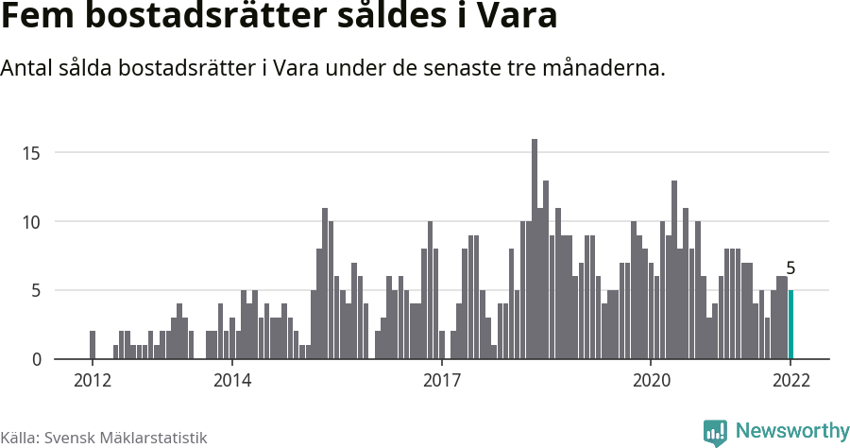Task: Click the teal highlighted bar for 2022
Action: click(790, 325)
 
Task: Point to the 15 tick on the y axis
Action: click(33, 153)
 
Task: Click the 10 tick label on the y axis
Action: click(33, 222)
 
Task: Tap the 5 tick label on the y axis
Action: click(37, 291)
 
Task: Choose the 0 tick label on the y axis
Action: click(37, 360)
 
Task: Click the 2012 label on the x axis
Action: click(92, 381)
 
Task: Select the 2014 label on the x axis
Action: click(231, 381)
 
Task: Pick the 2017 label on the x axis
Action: click(441, 381)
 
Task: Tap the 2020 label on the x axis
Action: click(651, 381)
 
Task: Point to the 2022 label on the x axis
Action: click(790, 381)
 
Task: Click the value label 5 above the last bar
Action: click(790, 268)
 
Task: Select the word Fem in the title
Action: click(35, 18)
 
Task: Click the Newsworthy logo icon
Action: click(715, 432)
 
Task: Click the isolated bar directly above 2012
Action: click(93, 345)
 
